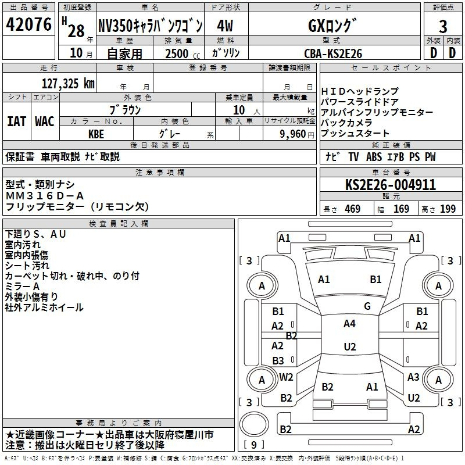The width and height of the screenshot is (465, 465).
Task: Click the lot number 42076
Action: (28, 26)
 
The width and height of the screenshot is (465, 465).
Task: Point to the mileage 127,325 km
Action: (68, 83)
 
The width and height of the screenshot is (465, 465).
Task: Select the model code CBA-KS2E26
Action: (333, 53)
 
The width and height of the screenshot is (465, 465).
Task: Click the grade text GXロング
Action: (332, 26)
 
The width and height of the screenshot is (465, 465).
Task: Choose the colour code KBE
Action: (96, 133)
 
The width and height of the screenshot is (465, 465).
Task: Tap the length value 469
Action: (352, 209)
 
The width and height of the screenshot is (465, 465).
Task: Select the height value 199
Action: (448, 209)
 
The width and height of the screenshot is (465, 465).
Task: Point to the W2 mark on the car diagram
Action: (286, 377)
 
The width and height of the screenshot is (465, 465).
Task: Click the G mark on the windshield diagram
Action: (367, 306)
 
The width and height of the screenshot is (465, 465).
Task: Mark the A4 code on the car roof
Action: (349, 324)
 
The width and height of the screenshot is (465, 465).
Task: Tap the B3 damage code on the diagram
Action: (278, 360)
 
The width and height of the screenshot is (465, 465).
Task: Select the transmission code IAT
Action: (16, 121)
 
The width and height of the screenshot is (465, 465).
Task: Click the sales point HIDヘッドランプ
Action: (360, 91)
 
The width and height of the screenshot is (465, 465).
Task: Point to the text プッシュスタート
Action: (355, 134)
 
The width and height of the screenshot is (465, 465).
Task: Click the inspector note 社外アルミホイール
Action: (44, 307)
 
